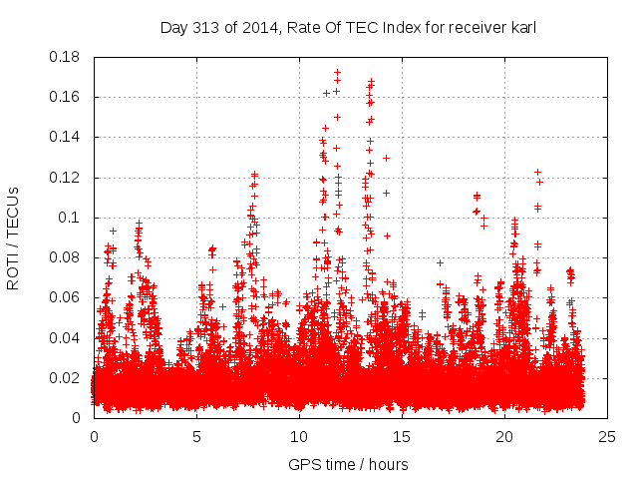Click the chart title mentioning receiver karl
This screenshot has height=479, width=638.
(348, 28)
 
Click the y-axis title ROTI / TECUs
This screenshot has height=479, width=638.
(13, 238)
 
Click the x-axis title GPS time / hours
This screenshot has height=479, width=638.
(348, 464)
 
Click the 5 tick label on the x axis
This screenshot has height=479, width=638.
(196, 437)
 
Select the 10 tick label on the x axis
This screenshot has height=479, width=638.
(299, 437)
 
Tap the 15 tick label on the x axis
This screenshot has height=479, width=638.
(402, 437)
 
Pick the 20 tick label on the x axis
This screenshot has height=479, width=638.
(504, 437)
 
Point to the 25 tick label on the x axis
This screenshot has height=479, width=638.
(607, 437)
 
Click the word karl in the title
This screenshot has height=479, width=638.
(522, 28)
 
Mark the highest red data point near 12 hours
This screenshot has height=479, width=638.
(337, 73)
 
